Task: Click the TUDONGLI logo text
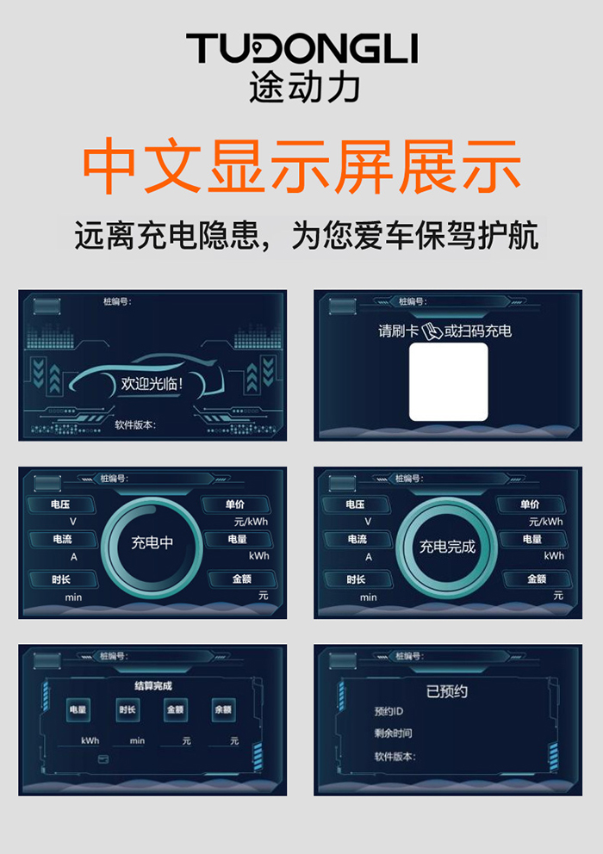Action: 302,48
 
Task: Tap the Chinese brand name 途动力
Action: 305,87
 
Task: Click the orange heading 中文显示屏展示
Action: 301,166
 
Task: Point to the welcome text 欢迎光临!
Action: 152,383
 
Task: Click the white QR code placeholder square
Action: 448,381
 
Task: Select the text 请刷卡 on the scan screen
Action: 399,331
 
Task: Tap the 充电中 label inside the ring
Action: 152,542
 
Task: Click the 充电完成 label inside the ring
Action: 447,547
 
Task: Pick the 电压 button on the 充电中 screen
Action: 60,504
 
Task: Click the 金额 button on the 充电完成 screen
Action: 537,579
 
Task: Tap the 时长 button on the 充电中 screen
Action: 62,579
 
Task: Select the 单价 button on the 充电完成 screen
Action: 530,504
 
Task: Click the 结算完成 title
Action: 153,686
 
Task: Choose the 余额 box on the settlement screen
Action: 223,709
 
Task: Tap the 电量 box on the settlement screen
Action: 78,709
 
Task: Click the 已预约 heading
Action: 447,691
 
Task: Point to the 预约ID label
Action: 389,711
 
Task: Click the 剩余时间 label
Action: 393,733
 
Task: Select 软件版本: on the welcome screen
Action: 136,424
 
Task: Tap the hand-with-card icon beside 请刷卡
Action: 432,331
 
